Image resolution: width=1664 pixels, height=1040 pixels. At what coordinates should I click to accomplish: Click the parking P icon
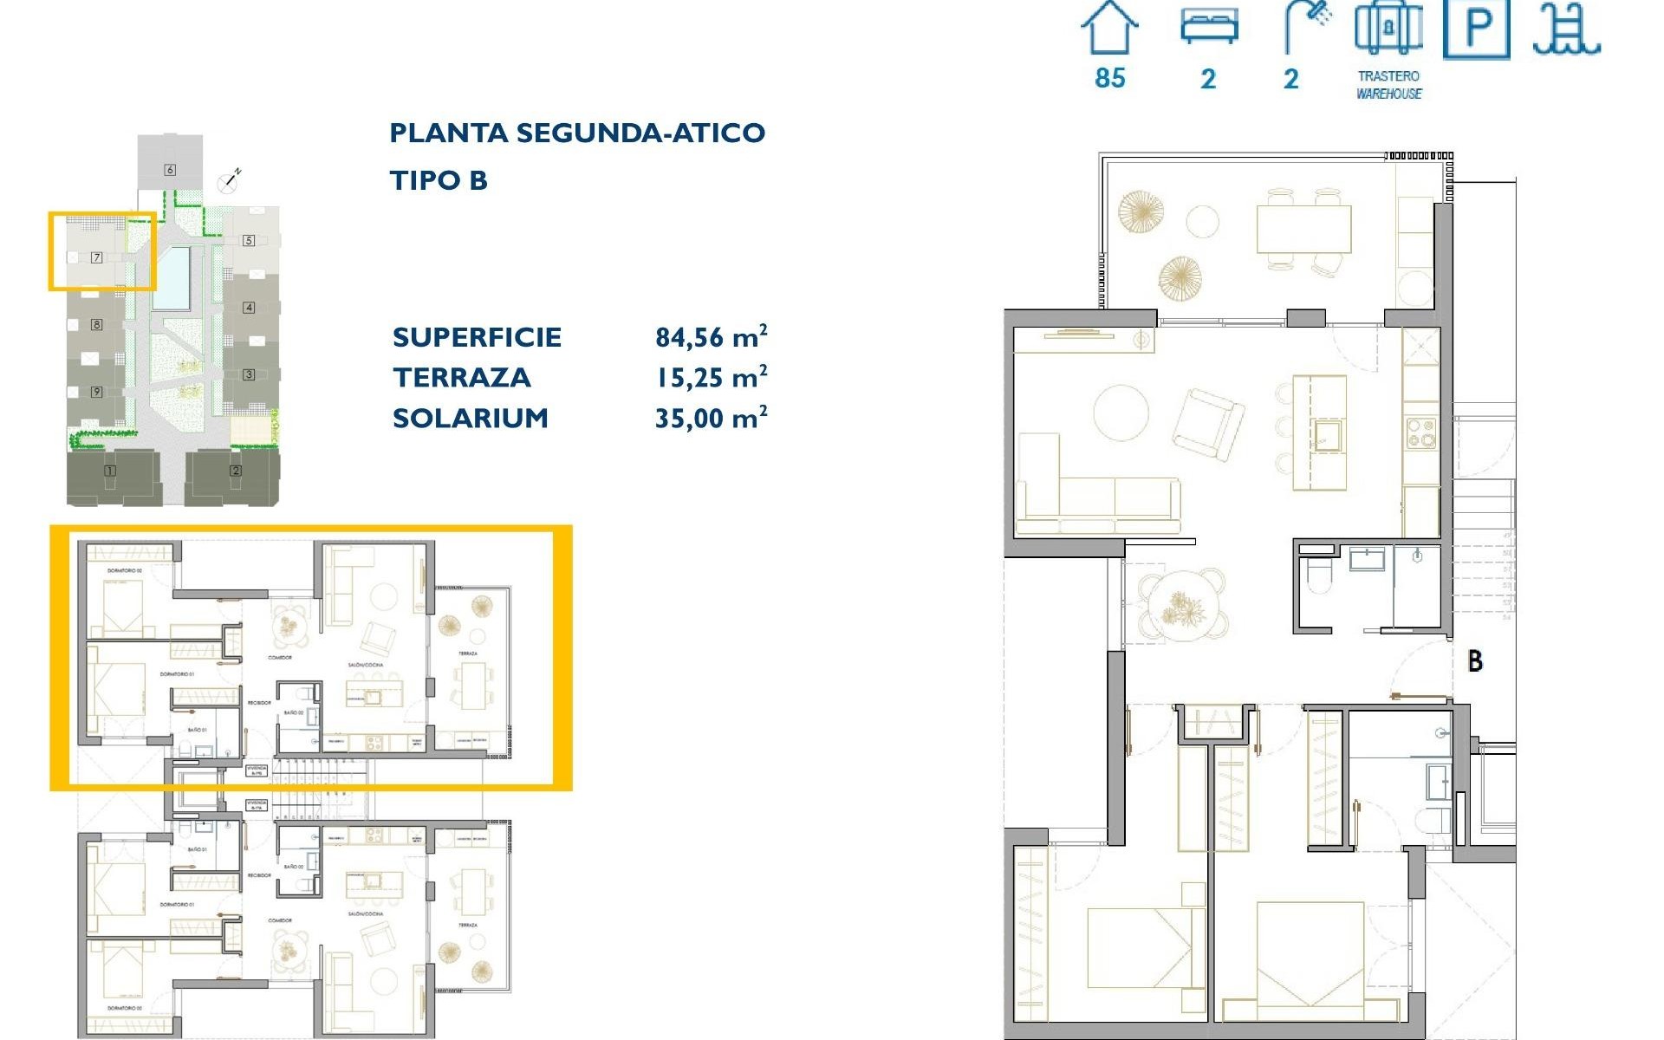click(x=1477, y=29)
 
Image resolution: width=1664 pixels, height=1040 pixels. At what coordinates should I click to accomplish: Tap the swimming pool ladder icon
click(x=1565, y=30)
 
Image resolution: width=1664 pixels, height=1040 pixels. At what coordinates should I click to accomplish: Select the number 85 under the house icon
click(x=1110, y=78)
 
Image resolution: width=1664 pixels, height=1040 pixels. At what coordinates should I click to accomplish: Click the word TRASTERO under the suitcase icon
click(x=1388, y=76)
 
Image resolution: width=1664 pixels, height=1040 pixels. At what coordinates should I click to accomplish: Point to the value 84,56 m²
click(x=711, y=336)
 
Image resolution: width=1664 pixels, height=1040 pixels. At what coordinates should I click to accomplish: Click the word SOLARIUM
click(x=471, y=418)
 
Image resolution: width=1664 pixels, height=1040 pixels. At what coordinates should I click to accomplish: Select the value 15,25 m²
click(x=711, y=377)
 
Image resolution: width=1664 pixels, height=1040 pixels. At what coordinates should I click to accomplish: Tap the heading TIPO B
click(x=439, y=180)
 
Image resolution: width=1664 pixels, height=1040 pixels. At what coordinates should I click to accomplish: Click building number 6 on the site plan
click(x=170, y=170)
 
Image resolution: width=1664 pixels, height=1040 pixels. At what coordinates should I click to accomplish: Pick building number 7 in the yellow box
click(x=97, y=257)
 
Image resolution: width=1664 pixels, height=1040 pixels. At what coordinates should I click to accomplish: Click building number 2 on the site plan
click(x=236, y=471)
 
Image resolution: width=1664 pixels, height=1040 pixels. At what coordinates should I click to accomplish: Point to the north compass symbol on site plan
click(x=230, y=180)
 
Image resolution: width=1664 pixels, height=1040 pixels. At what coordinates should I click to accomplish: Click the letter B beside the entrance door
click(x=1475, y=661)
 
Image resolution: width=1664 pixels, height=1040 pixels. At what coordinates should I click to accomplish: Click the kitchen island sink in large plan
click(x=1326, y=433)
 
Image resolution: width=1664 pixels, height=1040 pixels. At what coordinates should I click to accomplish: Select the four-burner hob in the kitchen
click(x=1421, y=432)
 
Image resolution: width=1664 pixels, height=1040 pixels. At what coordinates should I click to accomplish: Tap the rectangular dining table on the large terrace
click(x=1303, y=229)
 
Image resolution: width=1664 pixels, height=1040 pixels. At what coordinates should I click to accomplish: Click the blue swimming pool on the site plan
click(x=173, y=278)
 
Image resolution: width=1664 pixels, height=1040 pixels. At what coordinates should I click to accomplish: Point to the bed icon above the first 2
click(x=1209, y=26)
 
